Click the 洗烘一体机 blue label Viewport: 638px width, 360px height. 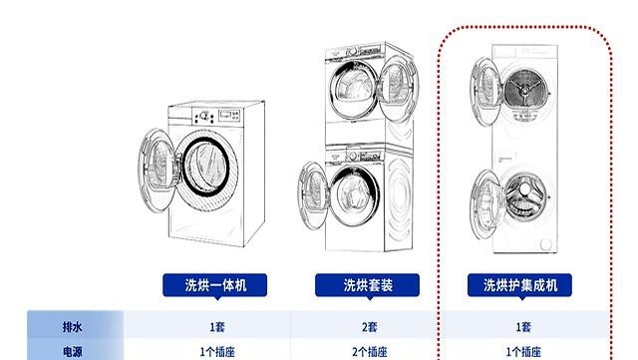[x=215, y=286]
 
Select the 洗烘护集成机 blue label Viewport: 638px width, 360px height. [x=520, y=286]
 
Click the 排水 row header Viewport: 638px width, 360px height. [x=72, y=326]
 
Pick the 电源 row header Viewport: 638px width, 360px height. [x=72, y=351]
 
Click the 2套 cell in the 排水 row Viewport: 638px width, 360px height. [x=370, y=326]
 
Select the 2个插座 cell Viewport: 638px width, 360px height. [x=370, y=351]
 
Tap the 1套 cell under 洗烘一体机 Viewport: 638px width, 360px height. [x=216, y=326]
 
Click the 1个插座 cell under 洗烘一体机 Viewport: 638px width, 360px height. [x=216, y=351]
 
